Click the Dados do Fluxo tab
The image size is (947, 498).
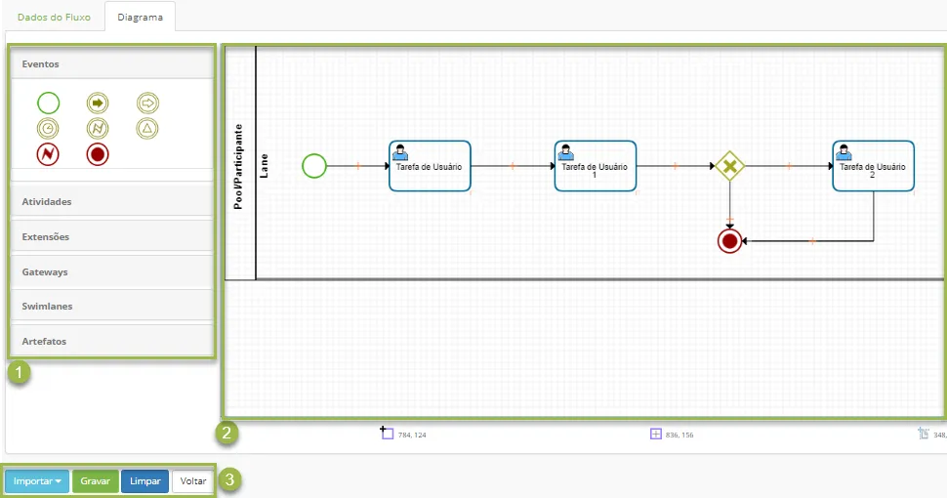tap(54, 17)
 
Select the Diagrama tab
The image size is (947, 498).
tap(141, 17)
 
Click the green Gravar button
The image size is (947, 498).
tap(96, 481)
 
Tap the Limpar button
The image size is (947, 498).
tap(144, 481)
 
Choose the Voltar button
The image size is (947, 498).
tap(193, 481)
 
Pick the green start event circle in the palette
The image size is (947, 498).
tap(48, 104)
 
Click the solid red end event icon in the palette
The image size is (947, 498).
tap(98, 154)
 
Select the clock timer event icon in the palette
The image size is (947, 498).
tap(48, 129)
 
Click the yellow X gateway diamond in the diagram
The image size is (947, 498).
tap(729, 166)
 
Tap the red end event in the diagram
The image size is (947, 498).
tap(729, 241)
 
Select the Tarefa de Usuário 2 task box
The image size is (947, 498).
tap(874, 166)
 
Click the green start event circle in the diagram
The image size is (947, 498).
tap(314, 166)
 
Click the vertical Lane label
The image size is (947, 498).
tap(264, 166)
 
